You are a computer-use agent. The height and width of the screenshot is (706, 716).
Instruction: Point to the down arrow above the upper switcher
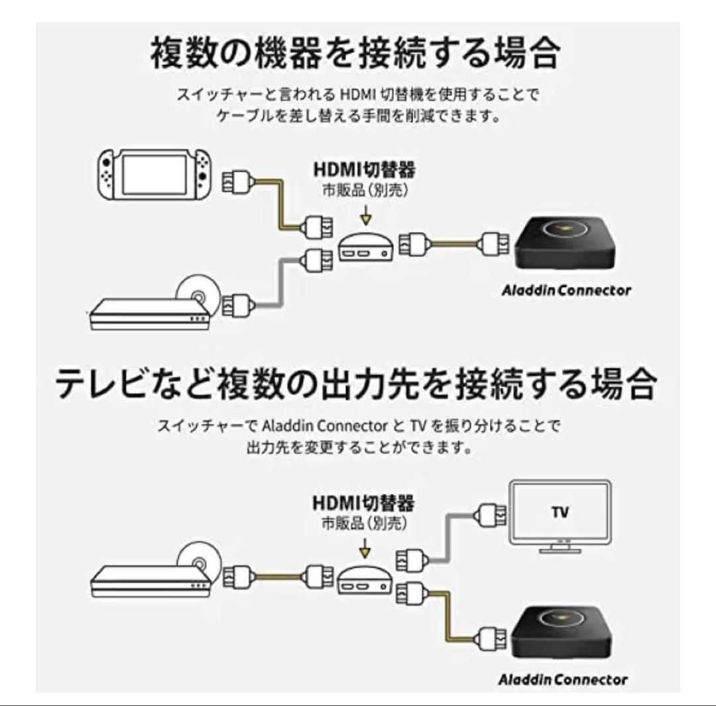click(x=365, y=217)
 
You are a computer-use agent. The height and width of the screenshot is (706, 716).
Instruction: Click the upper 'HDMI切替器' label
click(x=364, y=170)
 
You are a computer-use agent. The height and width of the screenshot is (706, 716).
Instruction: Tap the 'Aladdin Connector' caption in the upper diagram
click(x=566, y=290)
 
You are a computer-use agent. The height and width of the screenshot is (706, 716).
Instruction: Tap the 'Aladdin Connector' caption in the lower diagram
click(x=563, y=679)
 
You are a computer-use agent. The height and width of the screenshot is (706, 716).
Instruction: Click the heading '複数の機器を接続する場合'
click(x=355, y=54)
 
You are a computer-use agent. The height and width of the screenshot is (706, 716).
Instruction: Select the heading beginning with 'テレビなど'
click(x=356, y=384)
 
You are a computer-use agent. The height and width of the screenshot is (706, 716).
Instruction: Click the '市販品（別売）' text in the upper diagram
click(x=364, y=190)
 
